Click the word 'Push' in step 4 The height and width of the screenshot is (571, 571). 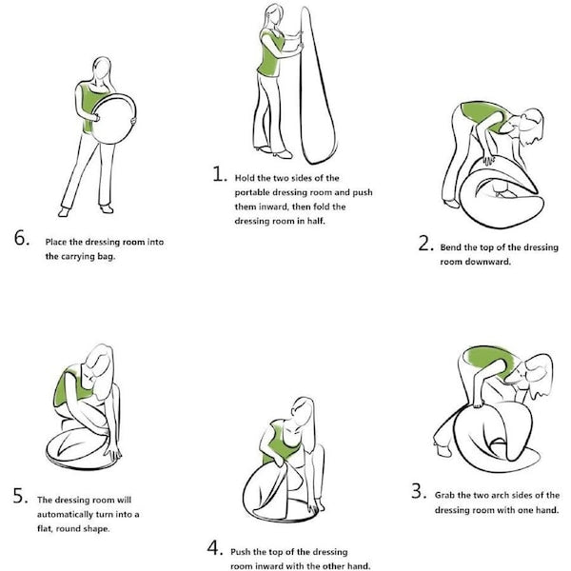[240, 552]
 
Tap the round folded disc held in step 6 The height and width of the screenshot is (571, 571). [113, 119]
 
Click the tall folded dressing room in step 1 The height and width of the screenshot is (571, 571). [316, 88]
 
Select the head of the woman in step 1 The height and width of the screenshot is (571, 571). [274, 15]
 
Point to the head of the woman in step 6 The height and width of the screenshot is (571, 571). [102, 69]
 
